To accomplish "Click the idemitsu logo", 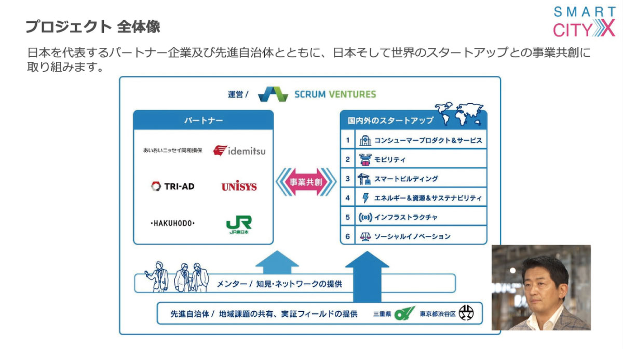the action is pyautogui.click(x=239, y=151).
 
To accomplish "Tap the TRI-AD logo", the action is pyautogui.click(x=172, y=186).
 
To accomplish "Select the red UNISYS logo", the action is pyautogui.click(x=239, y=186).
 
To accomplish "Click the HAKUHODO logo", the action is pyautogui.click(x=172, y=223).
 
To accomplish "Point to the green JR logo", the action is pyautogui.click(x=239, y=224).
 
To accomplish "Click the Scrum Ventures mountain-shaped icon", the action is pyautogui.click(x=273, y=94).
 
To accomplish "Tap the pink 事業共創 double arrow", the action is pyautogui.click(x=306, y=182).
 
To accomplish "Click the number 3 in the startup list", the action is pyautogui.click(x=348, y=178).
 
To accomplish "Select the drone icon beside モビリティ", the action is pyautogui.click(x=365, y=159).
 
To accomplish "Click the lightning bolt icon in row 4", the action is pyautogui.click(x=365, y=198).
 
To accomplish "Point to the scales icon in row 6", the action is pyautogui.click(x=365, y=236).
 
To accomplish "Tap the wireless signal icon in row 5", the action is pyautogui.click(x=365, y=217).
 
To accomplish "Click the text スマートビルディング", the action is pyautogui.click(x=406, y=179).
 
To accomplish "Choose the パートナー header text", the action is pyautogui.click(x=204, y=120).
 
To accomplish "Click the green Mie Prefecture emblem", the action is pyautogui.click(x=404, y=313).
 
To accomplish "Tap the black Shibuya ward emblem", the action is pyautogui.click(x=466, y=312).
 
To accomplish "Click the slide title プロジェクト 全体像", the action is pyautogui.click(x=93, y=26).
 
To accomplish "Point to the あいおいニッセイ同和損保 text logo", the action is pyautogui.click(x=172, y=151).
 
